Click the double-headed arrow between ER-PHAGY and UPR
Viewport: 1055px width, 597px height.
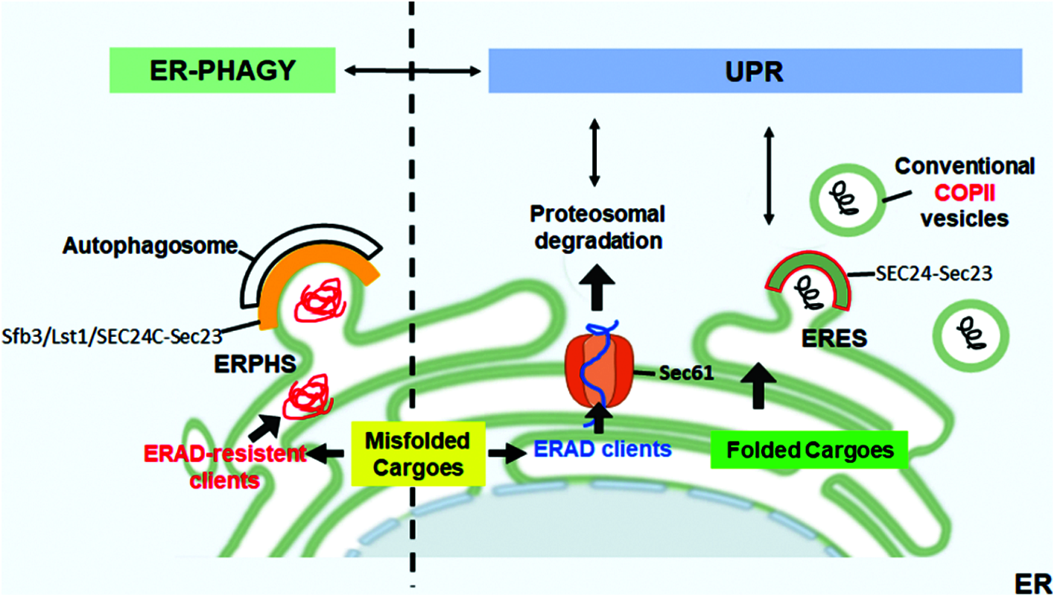(x=412, y=71)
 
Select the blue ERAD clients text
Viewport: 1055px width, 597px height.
(x=602, y=450)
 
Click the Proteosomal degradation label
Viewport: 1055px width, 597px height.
(x=595, y=227)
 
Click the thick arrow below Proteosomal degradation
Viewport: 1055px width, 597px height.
(x=595, y=286)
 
